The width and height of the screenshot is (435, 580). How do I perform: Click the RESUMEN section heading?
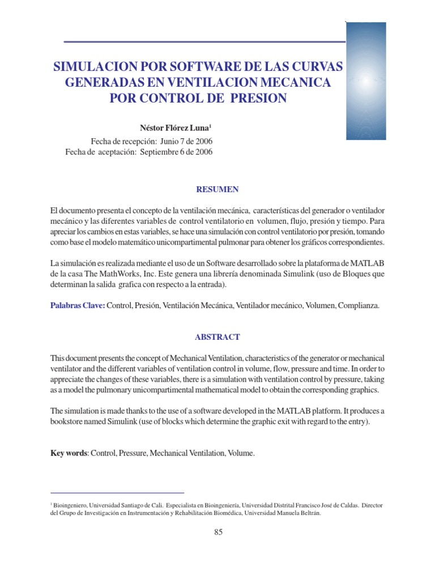pos(217,189)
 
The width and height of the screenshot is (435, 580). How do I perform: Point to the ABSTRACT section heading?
pos(217,337)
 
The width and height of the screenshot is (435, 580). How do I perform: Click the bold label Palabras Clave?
pos(77,305)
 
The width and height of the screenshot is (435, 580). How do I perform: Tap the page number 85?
pos(219,532)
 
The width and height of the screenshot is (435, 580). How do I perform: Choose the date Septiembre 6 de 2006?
pos(177,152)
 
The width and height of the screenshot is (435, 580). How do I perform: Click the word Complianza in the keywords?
pos(358,305)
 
